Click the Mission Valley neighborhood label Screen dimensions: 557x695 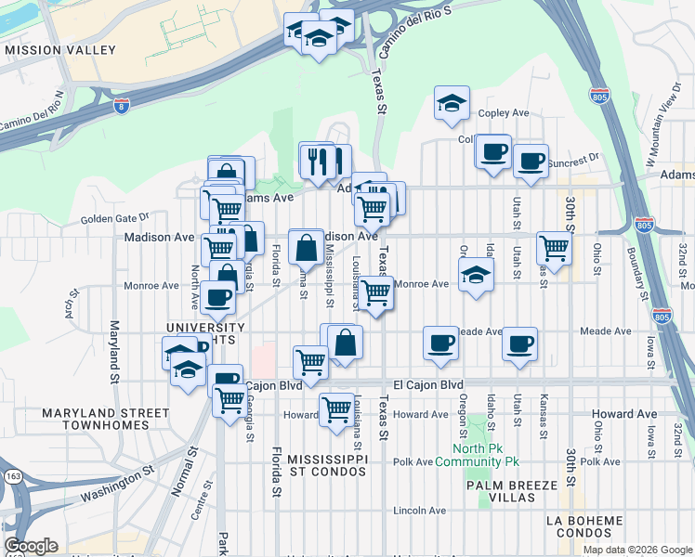coord(59,49)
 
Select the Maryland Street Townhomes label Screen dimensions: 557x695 coord(106,419)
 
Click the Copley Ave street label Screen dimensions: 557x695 coord(503,113)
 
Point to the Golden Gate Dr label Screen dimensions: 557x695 coord(114,218)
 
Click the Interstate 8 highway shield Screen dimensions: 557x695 coord(123,108)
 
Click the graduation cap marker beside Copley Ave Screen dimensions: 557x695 coord(452,104)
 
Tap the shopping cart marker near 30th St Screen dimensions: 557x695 coord(554,249)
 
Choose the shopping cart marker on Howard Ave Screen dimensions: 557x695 coord(336,408)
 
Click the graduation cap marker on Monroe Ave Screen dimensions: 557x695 coord(475,275)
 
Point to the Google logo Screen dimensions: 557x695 coord(31,545)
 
